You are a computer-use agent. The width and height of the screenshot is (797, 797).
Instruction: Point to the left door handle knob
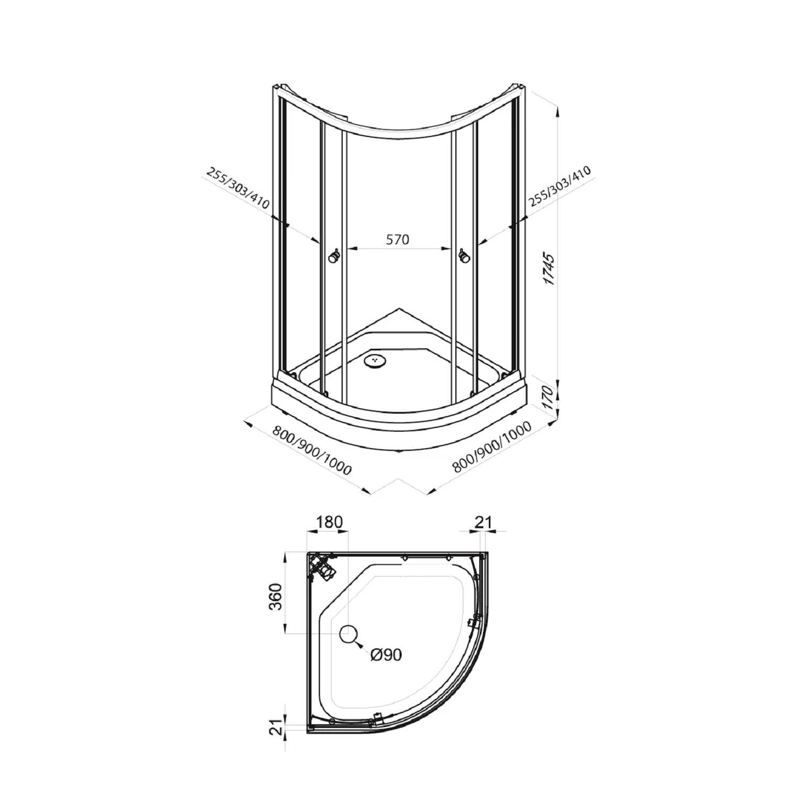(x=334, y=257)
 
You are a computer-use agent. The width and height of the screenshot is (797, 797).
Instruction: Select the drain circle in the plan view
(x=349, y=633)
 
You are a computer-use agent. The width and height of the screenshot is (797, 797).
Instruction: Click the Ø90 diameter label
(x=387, y=655)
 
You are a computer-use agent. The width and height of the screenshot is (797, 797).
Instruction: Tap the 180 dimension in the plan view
(x=329, y=522)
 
